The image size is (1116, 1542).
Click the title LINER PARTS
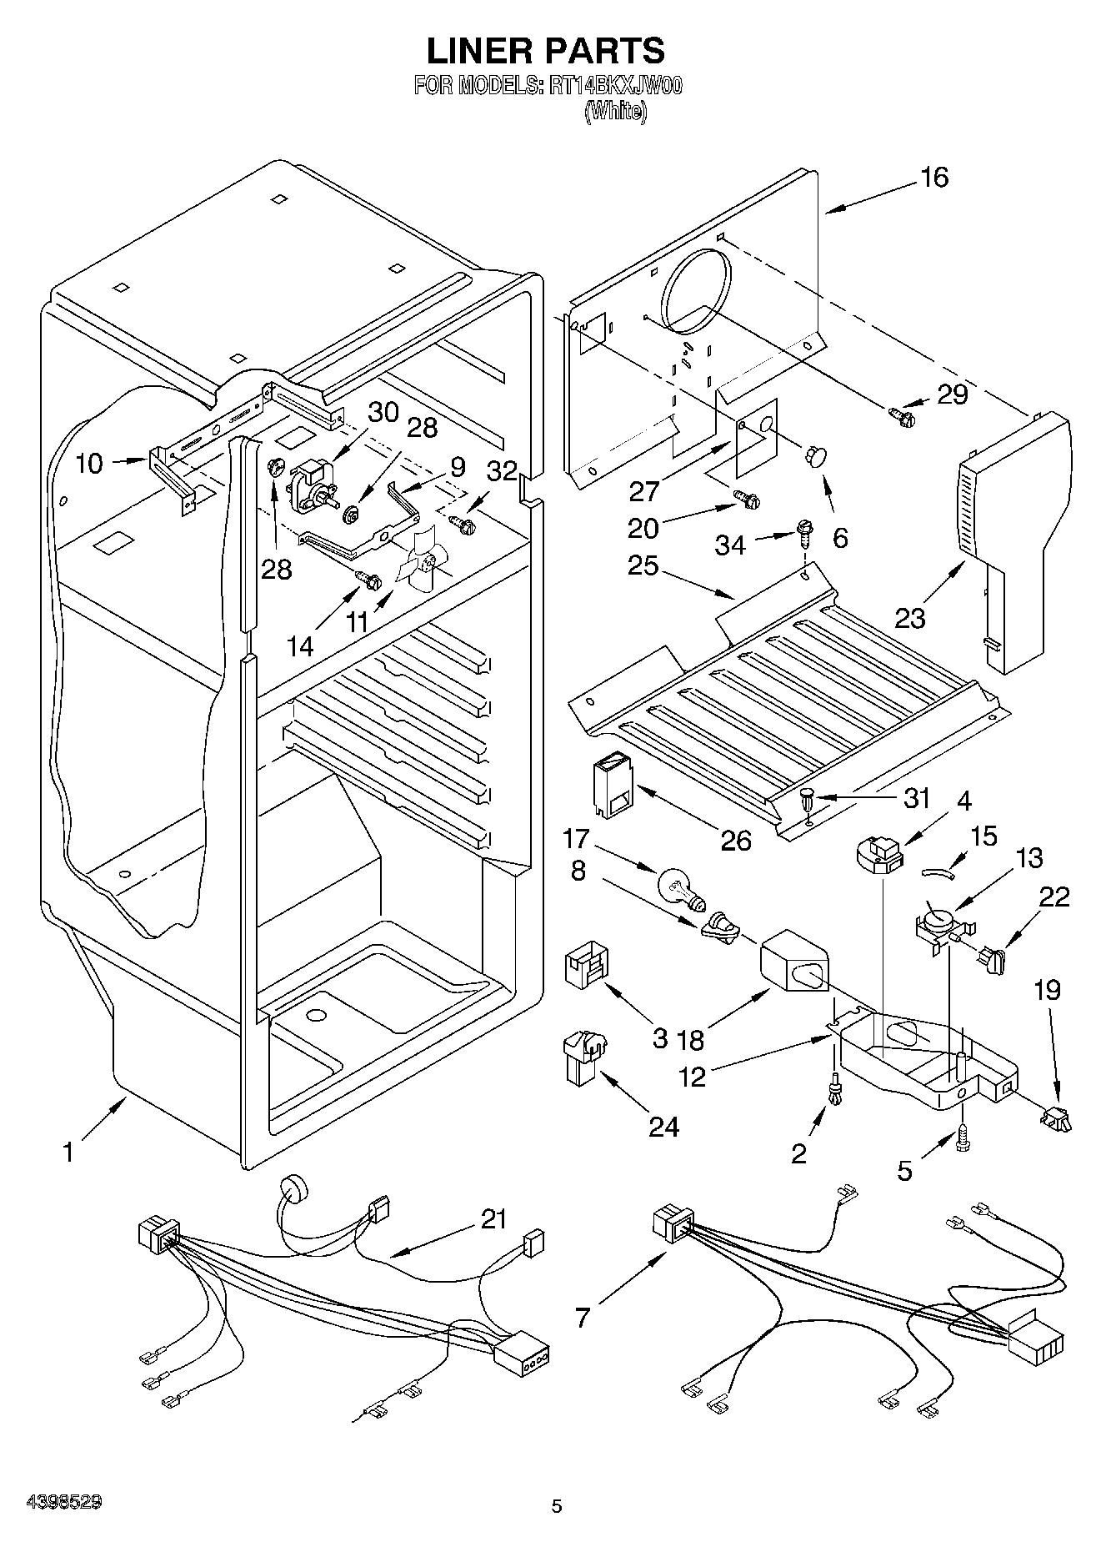(x=546, y=51)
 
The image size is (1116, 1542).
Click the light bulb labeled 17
(x=678, y=887)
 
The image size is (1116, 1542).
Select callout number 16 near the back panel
(x=935, y=177)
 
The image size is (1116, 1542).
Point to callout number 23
(x=910, y=618)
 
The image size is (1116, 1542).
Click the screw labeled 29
(x=901, y=412)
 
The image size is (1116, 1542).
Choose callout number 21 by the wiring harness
(x=493, y=1219)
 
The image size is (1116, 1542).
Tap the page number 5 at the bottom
(x=557, y=1506)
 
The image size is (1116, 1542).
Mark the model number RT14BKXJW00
(x=615, y=87)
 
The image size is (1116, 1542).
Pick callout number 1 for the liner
(x=68, y=1153)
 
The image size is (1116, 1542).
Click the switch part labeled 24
(x=583, y=1057)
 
